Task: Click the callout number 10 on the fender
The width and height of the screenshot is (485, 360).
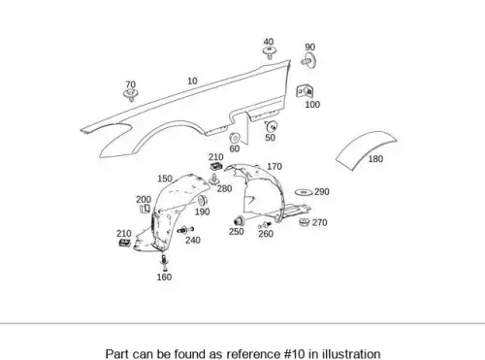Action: point(192,81)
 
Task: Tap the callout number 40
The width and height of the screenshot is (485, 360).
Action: point(269,42)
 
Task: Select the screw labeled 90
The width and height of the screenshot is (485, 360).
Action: point(309,60)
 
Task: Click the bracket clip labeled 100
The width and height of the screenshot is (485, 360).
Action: point(305,91)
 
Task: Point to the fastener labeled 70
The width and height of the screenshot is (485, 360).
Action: point(131,95)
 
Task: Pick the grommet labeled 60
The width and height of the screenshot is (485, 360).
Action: point(234,138)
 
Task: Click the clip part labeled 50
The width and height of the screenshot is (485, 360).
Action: point(272,125)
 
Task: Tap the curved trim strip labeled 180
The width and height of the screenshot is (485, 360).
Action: point(367,148)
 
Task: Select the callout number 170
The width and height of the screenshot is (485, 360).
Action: point(275,167)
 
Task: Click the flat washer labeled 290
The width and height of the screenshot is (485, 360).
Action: point(304,192)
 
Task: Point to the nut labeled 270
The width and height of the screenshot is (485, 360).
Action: point(304,222)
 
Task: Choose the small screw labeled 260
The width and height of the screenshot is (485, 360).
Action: point(265,225)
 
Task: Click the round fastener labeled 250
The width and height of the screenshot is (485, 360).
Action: point(239,221)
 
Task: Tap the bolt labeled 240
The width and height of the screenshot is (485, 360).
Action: point(185,230)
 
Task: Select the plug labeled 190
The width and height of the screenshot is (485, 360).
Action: point(203,200)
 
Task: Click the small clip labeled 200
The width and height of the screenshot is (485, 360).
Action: point(145,209)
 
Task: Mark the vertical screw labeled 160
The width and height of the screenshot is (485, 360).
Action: point(165,262)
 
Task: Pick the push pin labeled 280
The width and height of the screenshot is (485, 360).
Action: point(213,179)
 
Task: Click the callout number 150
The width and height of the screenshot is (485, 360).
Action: point(165,179)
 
